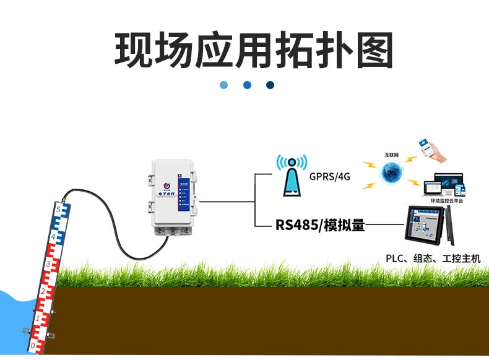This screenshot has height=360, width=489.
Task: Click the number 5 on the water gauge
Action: (x=58, y=210)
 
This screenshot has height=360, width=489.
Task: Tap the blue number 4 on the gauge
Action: (x=53, y=237)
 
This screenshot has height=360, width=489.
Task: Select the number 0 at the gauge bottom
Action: (x=33, y=344)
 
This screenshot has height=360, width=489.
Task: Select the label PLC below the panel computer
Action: (x=395, y=259)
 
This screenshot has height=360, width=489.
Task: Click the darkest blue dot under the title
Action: (x=270, y=85)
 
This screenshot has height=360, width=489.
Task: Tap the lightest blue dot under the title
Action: (x=223, y=85)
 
